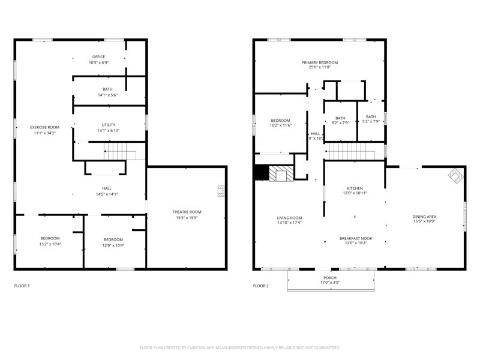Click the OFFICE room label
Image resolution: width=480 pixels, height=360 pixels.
[x=98, y=57]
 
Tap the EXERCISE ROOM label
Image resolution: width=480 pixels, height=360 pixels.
[x=44, y=127]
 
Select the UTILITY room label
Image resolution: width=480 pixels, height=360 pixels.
[x=109, y=125]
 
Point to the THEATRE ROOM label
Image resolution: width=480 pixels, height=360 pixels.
[x=187, y=212]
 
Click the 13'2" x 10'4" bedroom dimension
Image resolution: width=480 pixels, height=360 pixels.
[x=50, y=244]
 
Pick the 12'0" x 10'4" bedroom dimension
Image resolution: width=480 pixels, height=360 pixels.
[x=113, y=245]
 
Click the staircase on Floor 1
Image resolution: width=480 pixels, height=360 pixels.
[x=120, y=151]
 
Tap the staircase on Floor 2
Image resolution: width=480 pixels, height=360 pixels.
[x=350, y=151]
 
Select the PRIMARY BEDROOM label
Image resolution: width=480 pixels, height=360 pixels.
[x=320, y=63]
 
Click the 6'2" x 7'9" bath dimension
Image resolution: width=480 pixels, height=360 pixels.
[x=340, y=123]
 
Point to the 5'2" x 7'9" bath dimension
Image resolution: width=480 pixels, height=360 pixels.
[x=371, y=121]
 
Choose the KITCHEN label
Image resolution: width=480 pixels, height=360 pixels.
[x=355, y=188]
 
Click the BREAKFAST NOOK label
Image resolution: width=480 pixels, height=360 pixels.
[x=356, y=238]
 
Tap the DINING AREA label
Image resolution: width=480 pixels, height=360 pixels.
[x=424, y=217]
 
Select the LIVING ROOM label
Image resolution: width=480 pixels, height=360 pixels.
[x=290, y=218]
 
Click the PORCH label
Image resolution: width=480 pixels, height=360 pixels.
[x=330, y=278]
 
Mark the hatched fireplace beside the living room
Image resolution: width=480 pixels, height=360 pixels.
[x=281, y=173]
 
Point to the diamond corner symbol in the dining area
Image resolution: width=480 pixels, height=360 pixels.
[x=456, y=175]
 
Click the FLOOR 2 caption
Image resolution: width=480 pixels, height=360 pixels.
[x=261, y=286]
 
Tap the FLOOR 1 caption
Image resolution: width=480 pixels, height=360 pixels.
[x=22, y=286]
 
